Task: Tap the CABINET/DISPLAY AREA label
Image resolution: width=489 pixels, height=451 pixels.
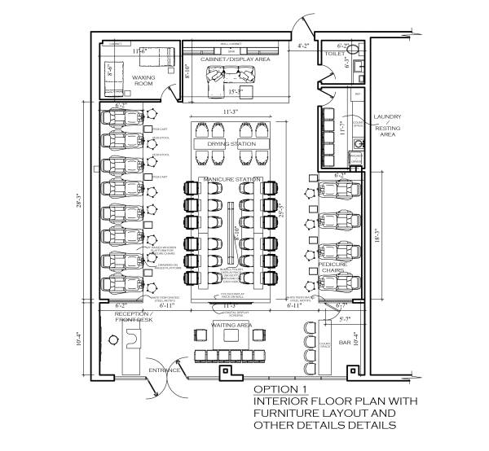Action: point(236,59)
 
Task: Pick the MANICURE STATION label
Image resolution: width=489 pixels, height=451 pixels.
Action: point(232,179)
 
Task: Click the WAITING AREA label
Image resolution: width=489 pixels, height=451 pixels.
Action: point(231,326)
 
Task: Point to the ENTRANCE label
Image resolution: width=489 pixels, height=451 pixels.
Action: point(164,370)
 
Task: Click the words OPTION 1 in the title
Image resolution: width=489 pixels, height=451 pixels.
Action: point(280,388)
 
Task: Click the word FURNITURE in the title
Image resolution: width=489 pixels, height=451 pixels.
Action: point(289,413)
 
